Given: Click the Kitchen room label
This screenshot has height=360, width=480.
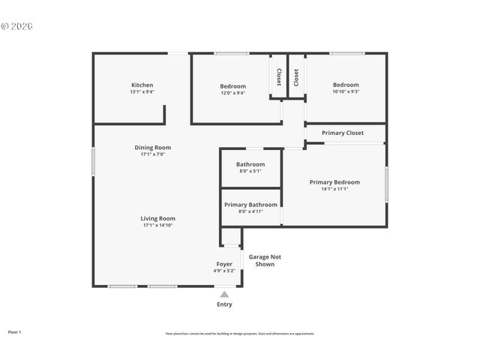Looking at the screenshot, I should pos(142,85).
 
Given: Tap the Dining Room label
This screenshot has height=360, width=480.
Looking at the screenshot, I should pos(152,148).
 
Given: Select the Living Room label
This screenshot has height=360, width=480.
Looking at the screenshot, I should pos(157,218).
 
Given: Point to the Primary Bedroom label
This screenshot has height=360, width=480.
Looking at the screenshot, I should pos(334,182).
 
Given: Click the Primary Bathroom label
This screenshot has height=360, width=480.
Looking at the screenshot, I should pos(250,205).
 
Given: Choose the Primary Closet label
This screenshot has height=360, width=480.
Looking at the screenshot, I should pos(343,133).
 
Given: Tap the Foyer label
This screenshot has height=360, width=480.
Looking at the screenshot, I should pos(225,264).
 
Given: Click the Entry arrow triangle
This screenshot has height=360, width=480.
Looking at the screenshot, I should pos(224,295).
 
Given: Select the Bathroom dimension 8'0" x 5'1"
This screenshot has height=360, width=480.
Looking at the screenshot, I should pos(250,171).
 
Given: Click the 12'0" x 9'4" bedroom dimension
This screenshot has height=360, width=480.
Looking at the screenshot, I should pos(232,93).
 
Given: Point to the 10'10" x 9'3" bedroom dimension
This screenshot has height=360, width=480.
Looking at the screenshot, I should pos(346,91).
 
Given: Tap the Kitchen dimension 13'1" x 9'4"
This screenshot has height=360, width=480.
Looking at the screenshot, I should pos(142,91).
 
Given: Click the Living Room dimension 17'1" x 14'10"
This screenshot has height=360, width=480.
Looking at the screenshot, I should pos(157,225).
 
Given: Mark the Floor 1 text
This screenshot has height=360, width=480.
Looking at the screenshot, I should pos(14,331).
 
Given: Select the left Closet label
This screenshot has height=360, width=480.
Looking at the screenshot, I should pos(279,76).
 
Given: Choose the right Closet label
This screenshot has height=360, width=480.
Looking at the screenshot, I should pos(296,76).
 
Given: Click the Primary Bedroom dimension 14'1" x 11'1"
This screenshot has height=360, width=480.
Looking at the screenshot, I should pos(334,189).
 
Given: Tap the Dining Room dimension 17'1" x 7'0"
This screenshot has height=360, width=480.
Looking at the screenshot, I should pos(152,154).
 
